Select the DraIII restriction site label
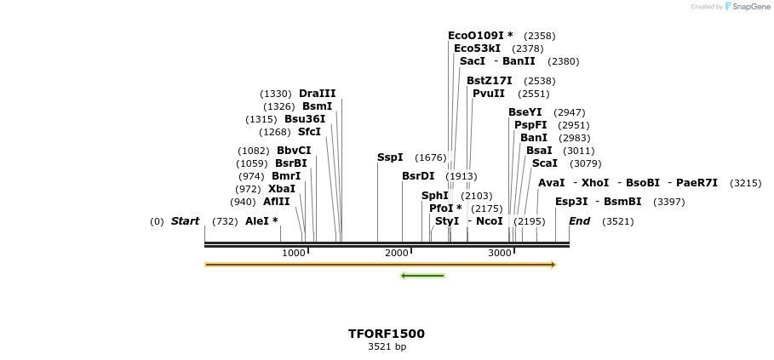coord(317,94)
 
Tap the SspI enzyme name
coord(390,157)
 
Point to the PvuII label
coord(489,94)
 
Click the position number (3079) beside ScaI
coord(585,163)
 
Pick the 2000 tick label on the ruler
coord(397,253)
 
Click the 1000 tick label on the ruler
coord(294,253)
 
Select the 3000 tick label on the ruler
coord(500,253)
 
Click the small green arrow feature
coord(422,276)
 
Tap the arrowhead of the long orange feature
coord(553,265)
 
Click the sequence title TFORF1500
coord(387,334)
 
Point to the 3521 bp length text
coord(387,347)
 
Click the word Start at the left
coord(185,221)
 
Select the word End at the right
coord(580,221)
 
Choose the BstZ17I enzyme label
coord(490,81)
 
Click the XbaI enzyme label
coord(282,189)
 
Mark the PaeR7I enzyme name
coord(697,183)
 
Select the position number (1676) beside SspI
coord(430,157)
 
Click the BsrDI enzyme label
coord(418,176)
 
